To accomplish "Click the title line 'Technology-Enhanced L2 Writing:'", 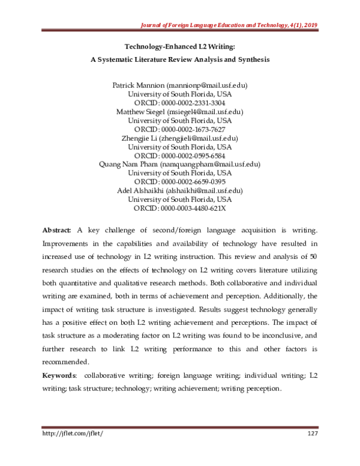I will coord(180,46).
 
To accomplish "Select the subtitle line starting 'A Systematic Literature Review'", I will coord(180,60).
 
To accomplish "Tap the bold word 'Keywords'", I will coord(59,375).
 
